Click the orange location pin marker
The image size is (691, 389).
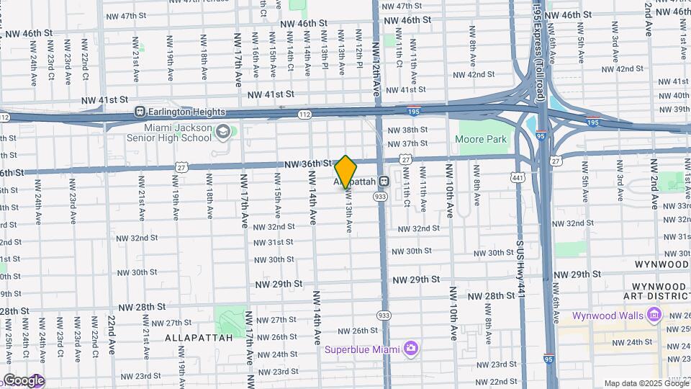coord(346,171)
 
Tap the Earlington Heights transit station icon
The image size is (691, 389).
coord(140,112)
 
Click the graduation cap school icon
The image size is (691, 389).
coord(223,131)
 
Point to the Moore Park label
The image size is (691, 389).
coord(482,140)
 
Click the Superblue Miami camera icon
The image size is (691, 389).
coord(410,349)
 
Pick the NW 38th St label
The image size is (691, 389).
coord(407,130)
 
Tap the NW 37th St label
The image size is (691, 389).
coord(407,144)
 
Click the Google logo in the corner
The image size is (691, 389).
coord(23,380)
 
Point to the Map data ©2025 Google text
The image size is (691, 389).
coord(646,383)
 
